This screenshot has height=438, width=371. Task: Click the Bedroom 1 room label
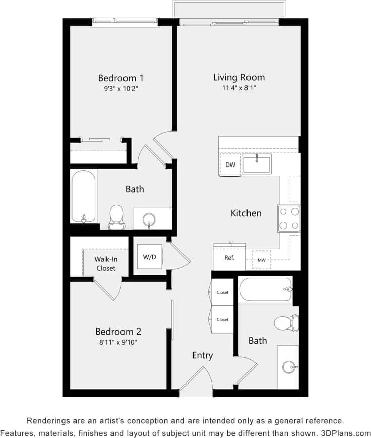[x=120, y=78]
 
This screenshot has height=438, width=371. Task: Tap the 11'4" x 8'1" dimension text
[x=238, y=88]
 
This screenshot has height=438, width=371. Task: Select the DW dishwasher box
[x=230, y=165]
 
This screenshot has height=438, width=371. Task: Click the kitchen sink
[x=257, y=165]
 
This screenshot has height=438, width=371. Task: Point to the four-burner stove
[x=289, y=218]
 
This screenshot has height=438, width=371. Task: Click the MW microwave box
[x=262, y=260]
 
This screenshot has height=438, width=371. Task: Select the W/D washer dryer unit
[x=149, y=257]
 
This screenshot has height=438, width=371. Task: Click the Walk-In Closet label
[x=106, y=264]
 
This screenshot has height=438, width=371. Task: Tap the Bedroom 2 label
[x=118, y=332]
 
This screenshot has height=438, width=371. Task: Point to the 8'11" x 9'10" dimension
[x=118, y=342]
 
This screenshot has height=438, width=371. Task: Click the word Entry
[x=202, y=355]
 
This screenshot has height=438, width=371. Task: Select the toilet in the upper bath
[x=116, y=216]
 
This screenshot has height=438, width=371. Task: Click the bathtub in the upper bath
[x=83, y=195]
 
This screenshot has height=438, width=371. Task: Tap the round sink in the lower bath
[x=289, y=367]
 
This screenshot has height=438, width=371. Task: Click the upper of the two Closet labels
[x=222, y=292]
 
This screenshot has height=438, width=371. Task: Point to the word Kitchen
[x=246, y=213]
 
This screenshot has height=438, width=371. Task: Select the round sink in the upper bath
[x=149, y=220]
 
